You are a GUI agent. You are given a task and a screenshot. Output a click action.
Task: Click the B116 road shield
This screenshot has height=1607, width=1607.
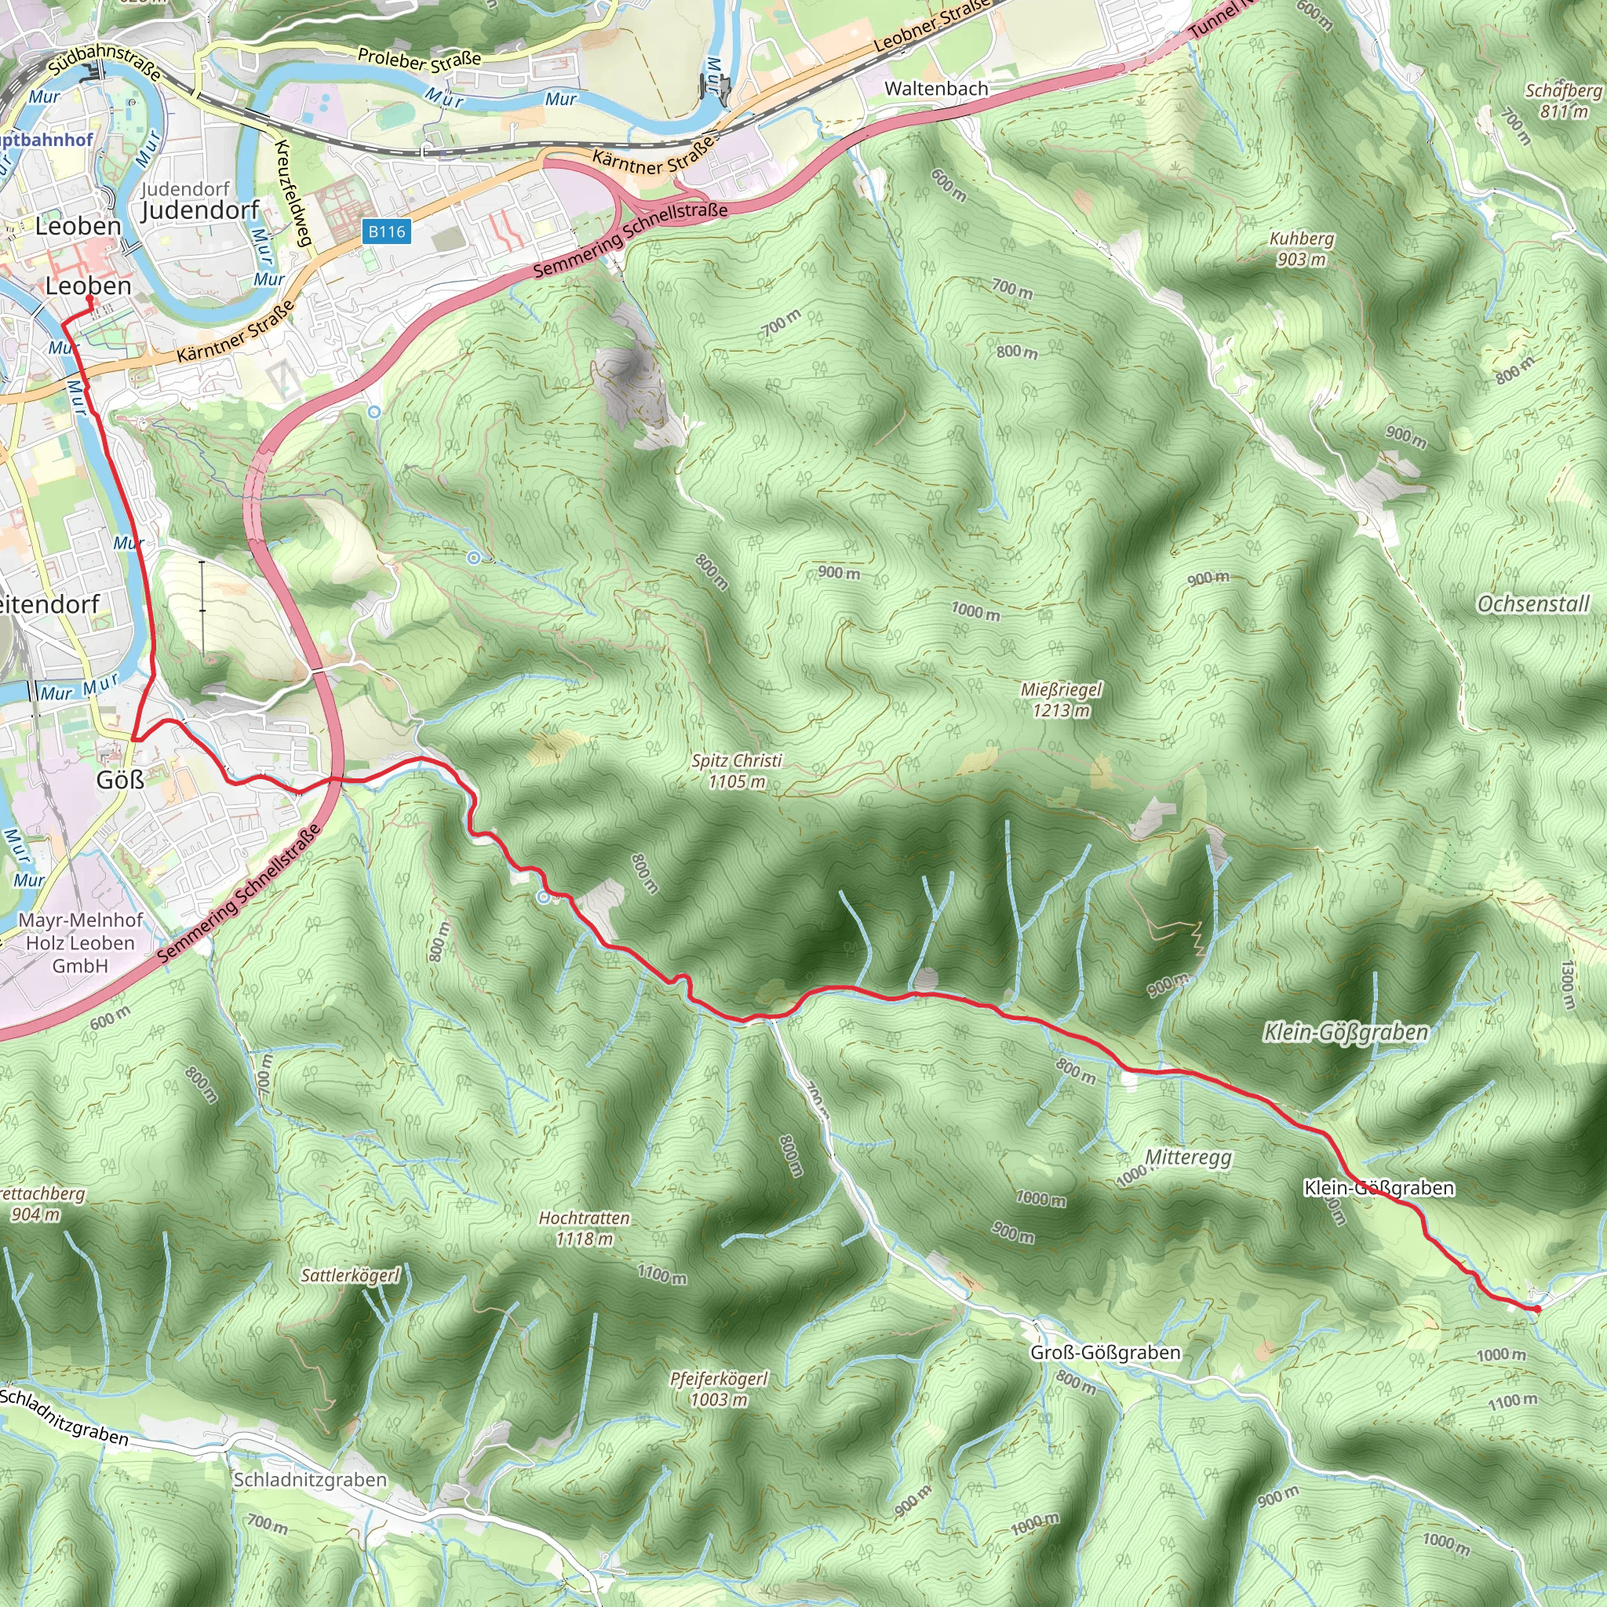pos(387,231)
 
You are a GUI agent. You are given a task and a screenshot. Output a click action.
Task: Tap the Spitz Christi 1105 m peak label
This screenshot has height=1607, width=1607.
pos(737,771)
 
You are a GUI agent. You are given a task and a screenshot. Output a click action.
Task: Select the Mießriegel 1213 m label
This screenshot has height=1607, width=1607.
pos(1061,699)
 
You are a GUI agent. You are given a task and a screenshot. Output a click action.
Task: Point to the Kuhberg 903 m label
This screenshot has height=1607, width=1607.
pos(1302,249)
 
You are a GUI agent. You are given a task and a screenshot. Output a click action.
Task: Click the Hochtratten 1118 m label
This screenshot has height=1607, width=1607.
pos(584,1229)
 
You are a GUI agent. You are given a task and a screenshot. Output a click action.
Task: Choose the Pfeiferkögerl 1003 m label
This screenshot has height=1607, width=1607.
pos(719,1389)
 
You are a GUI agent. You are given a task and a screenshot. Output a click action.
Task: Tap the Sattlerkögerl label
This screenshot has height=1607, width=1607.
pos(350,1275)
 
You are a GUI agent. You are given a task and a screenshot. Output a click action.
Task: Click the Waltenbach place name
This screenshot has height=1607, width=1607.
pos(936,88)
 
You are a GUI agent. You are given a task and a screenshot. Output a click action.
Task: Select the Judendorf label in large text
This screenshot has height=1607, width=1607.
pos(200,210)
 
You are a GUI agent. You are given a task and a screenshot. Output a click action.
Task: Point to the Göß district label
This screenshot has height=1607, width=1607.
pos(120,780)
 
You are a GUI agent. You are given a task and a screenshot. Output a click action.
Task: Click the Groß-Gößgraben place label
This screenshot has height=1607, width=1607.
pos(1105,1353)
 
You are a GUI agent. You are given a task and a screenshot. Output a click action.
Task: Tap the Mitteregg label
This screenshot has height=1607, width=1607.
pos(1188,1157)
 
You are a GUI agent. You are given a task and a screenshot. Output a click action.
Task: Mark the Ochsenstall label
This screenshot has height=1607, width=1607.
pos(1533,604)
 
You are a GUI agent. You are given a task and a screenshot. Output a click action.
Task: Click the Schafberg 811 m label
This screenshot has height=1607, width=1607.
pos(1563,100)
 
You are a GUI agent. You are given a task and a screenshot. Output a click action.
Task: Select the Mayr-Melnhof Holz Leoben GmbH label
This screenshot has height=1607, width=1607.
pos(80,942)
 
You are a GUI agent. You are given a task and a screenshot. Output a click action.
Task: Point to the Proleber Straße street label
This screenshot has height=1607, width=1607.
pos(419,59)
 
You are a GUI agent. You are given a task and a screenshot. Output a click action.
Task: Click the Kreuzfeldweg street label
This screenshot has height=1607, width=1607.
pos(292,193)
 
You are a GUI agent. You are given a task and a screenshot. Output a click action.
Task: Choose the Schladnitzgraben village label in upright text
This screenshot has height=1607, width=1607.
pos(309,1480)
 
